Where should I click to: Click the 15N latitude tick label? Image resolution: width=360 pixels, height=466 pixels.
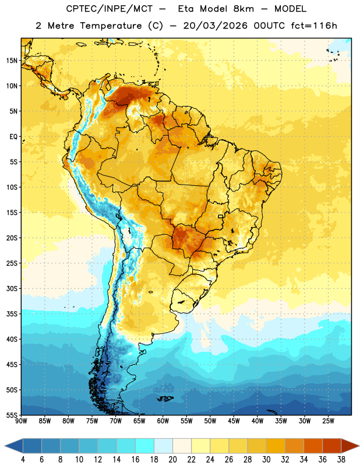point(12,61)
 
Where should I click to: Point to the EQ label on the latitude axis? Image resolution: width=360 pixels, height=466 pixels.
point(13,137)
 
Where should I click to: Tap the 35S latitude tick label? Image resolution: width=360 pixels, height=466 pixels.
point(12,314)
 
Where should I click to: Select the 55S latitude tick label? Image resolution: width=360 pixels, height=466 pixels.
point(12,415)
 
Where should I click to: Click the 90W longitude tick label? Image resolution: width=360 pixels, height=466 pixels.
point(21,421)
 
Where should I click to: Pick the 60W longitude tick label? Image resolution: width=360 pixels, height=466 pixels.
point(163,421)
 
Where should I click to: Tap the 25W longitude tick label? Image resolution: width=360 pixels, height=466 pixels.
point(328,421)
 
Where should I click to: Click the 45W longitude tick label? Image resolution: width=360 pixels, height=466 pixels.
point(234,421)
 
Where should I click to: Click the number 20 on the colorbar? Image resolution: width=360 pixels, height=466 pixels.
point(172,460)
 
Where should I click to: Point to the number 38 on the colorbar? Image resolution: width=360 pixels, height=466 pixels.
point(341,460)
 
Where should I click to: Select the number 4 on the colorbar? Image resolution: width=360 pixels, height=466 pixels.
point(23,460)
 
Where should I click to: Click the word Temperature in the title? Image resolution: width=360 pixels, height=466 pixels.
point(111,26)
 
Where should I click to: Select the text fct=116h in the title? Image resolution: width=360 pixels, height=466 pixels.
point(314,26)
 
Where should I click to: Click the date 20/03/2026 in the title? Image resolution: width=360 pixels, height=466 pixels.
point(215,26)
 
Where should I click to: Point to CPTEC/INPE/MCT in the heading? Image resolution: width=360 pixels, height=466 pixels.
point(109,9)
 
